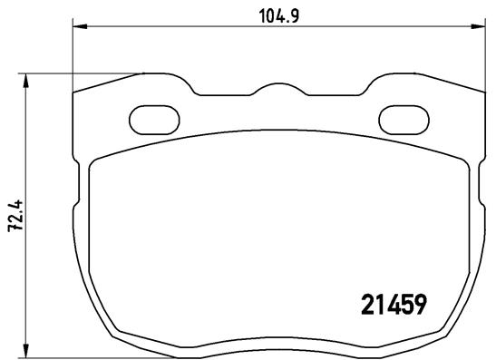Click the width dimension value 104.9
273,15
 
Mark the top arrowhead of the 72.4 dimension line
26,80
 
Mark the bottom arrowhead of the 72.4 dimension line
26,349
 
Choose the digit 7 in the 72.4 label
15,233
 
